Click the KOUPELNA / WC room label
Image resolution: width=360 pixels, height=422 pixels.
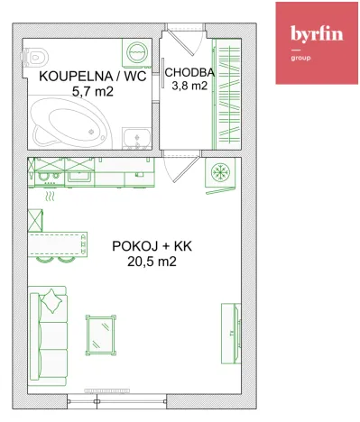[x=88, y=77]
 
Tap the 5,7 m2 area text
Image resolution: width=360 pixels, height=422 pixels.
[x=88, y=92]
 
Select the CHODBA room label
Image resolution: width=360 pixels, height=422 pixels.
[x=188, y=72]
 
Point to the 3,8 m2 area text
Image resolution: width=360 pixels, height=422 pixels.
[x=188, y=87]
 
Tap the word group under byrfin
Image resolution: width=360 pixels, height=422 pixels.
[x=300, y=57]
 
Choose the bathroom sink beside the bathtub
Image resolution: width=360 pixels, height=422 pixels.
[x=137, y=136]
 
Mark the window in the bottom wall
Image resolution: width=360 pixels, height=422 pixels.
[x=126, y=390]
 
